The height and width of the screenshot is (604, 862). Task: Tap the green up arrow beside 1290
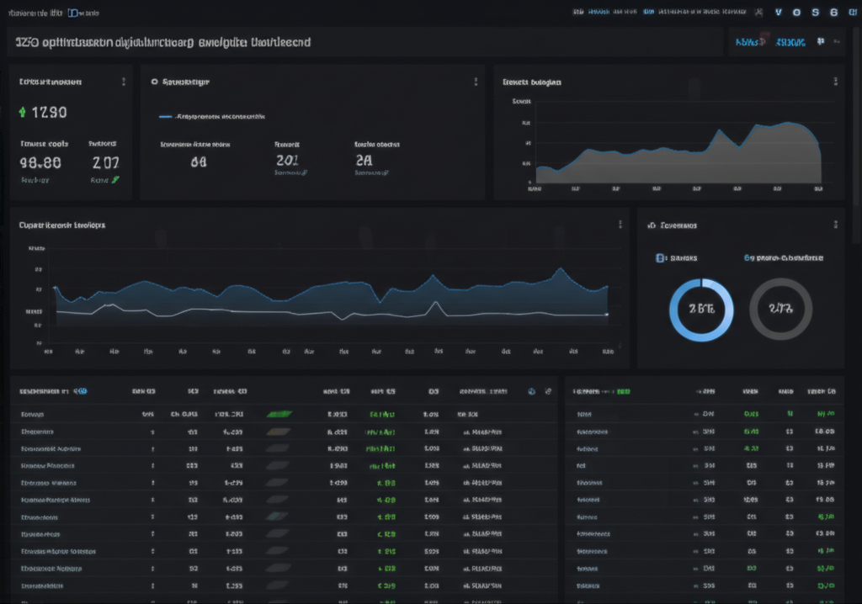pyautogui.click(x=22, y=112)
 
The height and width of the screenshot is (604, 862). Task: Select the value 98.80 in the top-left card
pyautogui.click(x=40, y=162)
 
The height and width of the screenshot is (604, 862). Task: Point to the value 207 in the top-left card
pyautogui.click(x=105, y=162)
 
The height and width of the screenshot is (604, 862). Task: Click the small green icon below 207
pyautogui.click(x=115, y=179)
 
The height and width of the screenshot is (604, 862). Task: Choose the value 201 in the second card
pyautogui.click(x=287, y=161)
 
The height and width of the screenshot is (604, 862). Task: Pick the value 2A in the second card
pyautogui.click(x=364, y=161)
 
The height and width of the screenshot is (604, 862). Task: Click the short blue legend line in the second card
pyautogui.click(x=165, y=116)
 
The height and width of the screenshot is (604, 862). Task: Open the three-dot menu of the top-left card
pyautogui.click(x=124, y=82)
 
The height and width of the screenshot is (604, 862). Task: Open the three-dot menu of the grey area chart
pyautogui.click(x=836, y=82)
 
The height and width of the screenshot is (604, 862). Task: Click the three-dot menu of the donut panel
pyautogui.click(x=836, y=225)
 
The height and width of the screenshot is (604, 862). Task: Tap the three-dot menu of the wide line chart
pyautogui.click(x=620, y=225)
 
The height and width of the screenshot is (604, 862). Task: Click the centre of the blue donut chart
pyautogui.click(x=701, y=309)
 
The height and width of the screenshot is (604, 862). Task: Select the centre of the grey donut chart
pyautogui.click(x=780, y=309)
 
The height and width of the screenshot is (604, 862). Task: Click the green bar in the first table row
pyautogui.click(x=279, y=414)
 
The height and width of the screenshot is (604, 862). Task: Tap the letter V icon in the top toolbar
pyautogui.click(x=778, y=12)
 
